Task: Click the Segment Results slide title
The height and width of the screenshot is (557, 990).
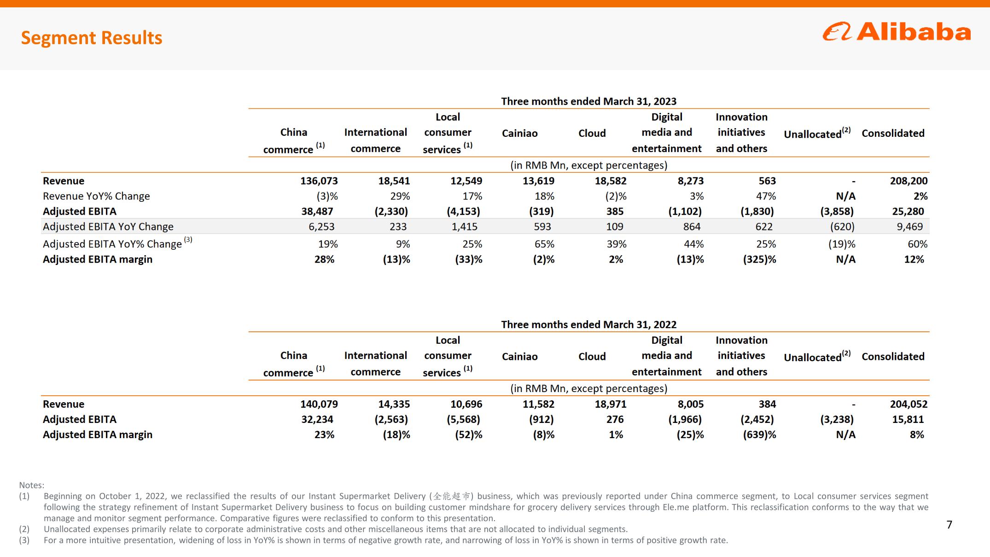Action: click(x=92, y=38)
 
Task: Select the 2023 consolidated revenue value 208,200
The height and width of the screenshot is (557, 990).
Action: click(x=908, y=181)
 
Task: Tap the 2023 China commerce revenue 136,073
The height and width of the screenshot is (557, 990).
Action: click(x=319, y=181)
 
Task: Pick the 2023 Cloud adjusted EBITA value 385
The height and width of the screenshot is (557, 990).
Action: click(x=615, y=211)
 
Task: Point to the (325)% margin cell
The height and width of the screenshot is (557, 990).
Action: click(x=759, y=259)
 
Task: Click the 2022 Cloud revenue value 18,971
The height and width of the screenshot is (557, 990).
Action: click(x=611, y=404)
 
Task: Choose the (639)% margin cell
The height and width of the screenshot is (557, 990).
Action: click(x=759, y=434)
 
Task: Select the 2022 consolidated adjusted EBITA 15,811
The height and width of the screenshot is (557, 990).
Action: click(x=908, y=419)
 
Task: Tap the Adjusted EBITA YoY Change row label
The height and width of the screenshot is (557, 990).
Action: click(x=108, y=227)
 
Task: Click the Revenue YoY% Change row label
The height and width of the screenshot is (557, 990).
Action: click(x=96, y=196)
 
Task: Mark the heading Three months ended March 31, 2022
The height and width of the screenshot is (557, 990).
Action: click(x=589, y=324)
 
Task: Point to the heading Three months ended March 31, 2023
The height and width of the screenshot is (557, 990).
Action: click(x=589, y=101)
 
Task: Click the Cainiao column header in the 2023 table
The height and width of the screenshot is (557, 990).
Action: click(x=520, y=133)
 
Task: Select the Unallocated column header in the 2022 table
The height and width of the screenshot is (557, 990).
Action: click(x=817, y=356)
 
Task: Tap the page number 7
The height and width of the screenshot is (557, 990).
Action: click(x=949, y=525)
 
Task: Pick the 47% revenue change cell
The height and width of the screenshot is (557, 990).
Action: click(x=766, y=196)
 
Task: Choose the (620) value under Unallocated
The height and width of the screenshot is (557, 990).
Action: click(x=842, y=227)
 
